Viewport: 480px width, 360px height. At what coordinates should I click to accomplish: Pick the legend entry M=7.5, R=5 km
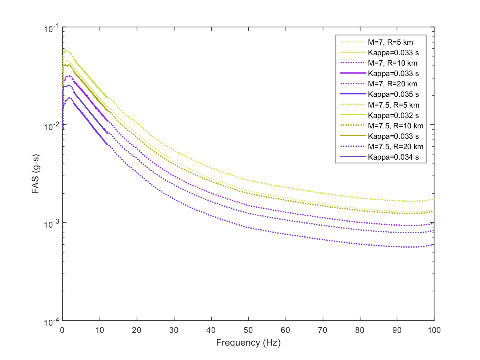(394, 105)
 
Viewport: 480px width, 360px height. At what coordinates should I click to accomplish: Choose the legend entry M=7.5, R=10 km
(396, 126)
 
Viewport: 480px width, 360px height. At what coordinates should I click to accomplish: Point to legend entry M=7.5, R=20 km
(396, 146)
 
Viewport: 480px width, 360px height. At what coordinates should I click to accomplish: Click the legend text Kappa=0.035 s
(393, 94)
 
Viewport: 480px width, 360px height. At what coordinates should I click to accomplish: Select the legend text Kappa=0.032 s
(393, 115)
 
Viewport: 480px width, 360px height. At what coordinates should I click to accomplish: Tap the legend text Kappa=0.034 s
(393, 157)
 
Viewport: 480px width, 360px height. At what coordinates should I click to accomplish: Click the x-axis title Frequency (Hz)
(248, 343)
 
